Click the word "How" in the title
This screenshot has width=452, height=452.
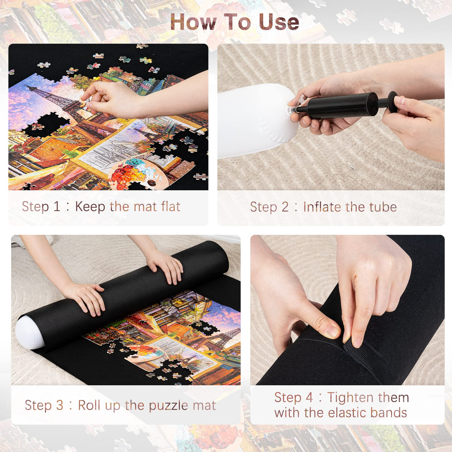[x=193, y=22]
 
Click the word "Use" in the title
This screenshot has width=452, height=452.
[x=279, y=22]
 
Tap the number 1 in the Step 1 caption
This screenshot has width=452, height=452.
[x=57, y=207]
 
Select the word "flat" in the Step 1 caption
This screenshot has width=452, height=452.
[x=171, y=207]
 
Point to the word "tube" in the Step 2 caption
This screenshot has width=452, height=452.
[x=383, y=207]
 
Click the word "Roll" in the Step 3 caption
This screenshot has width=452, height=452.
[x=89, y=405]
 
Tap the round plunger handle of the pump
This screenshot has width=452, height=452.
[x=392, y=102]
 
